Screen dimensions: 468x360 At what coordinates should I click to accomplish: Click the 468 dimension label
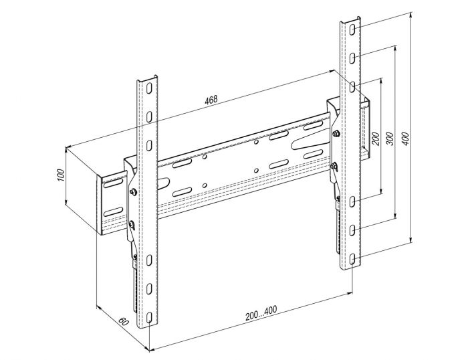coord(211,100)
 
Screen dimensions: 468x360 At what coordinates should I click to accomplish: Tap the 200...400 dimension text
coord(261,312)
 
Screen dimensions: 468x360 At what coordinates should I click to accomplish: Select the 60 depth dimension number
coord(123,322)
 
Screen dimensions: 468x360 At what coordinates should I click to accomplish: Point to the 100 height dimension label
coord(60,175)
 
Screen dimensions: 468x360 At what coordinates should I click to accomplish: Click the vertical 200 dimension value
coord(376,139)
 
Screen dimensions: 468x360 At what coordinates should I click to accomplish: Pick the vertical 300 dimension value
coord(390,139)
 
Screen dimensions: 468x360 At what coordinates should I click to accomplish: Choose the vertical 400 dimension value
coord(406,139)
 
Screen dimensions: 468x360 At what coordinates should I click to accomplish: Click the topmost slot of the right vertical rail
coord(352,29)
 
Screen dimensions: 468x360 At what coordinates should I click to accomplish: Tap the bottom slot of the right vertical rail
coord(352,259)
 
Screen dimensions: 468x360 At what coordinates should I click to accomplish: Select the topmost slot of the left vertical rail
coord(149,88)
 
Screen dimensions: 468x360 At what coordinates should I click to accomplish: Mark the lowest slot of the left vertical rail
coord(149,318)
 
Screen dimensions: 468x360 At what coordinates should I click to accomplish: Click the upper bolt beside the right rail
coord(336,134)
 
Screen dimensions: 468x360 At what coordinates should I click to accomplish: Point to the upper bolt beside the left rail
coord(134,191)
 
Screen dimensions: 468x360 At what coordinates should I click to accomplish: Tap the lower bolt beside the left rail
coord(132,223)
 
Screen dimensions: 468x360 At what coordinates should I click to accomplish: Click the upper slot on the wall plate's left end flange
coord(113,183)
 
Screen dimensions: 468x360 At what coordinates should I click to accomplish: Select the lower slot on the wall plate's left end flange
coord(113,211)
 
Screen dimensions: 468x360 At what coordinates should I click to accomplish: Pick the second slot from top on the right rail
coord(352,58)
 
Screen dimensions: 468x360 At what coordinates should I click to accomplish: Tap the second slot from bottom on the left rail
coord(149,288)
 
